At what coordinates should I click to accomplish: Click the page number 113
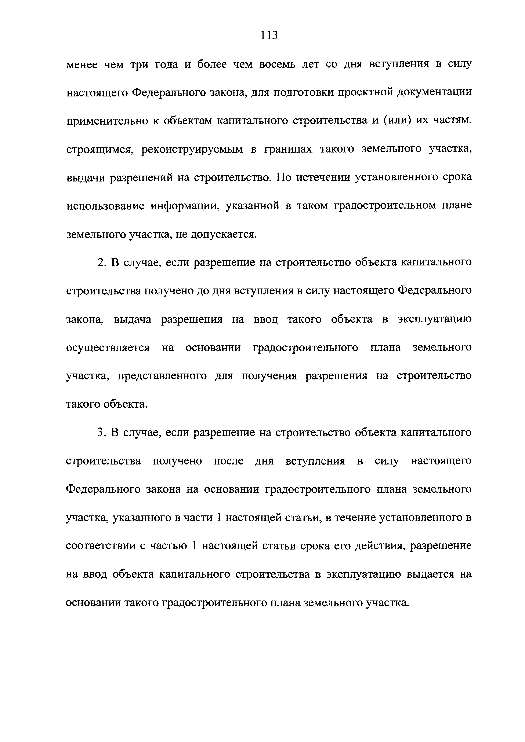point(269,35)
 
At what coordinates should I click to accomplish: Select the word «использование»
point(105,206)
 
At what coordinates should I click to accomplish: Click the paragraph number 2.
point(101,262)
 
